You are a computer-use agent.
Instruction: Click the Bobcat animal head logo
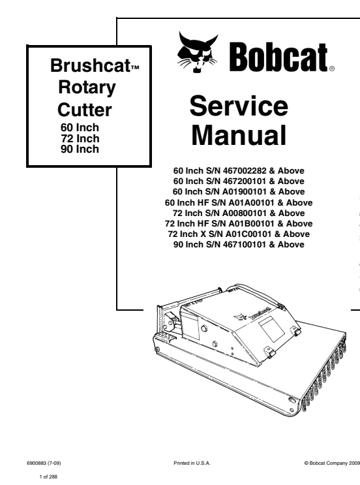(197, 52)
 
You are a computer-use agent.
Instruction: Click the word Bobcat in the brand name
(278, 57)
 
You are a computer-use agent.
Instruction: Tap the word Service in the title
(239, 106)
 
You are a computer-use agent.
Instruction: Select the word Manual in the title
(239, 135)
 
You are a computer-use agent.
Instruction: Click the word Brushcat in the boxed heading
(90, 65)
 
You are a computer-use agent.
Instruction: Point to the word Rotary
(87, 88)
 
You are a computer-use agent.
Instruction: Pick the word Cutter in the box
(84, 110)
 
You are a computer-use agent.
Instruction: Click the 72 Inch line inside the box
(80, 138)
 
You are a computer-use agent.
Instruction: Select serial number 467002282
(245, 171)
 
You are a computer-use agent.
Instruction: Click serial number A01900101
(244, 192)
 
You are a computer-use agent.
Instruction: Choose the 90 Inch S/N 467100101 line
(239, 245)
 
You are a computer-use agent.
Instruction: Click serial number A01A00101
(251, 202)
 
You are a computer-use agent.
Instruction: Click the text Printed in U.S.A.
(192, 463)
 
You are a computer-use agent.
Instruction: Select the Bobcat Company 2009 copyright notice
(332, 463)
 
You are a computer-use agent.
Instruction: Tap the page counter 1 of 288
(48, 477)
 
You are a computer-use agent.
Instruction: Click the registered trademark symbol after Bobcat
(331, 69)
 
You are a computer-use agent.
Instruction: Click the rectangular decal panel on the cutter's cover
(271, 329)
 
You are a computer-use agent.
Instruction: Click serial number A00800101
(244, 213)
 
